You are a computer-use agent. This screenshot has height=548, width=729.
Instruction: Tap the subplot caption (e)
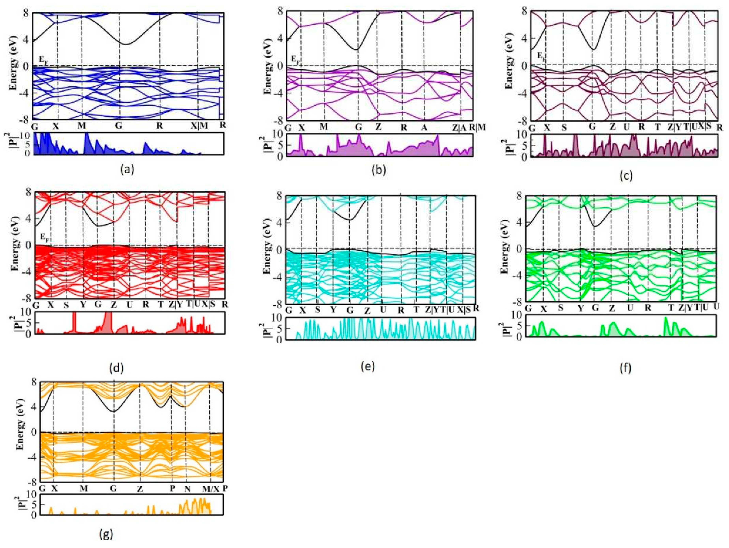click(368, 366)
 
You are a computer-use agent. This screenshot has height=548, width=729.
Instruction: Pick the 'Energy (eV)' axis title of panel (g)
click(20, 432)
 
